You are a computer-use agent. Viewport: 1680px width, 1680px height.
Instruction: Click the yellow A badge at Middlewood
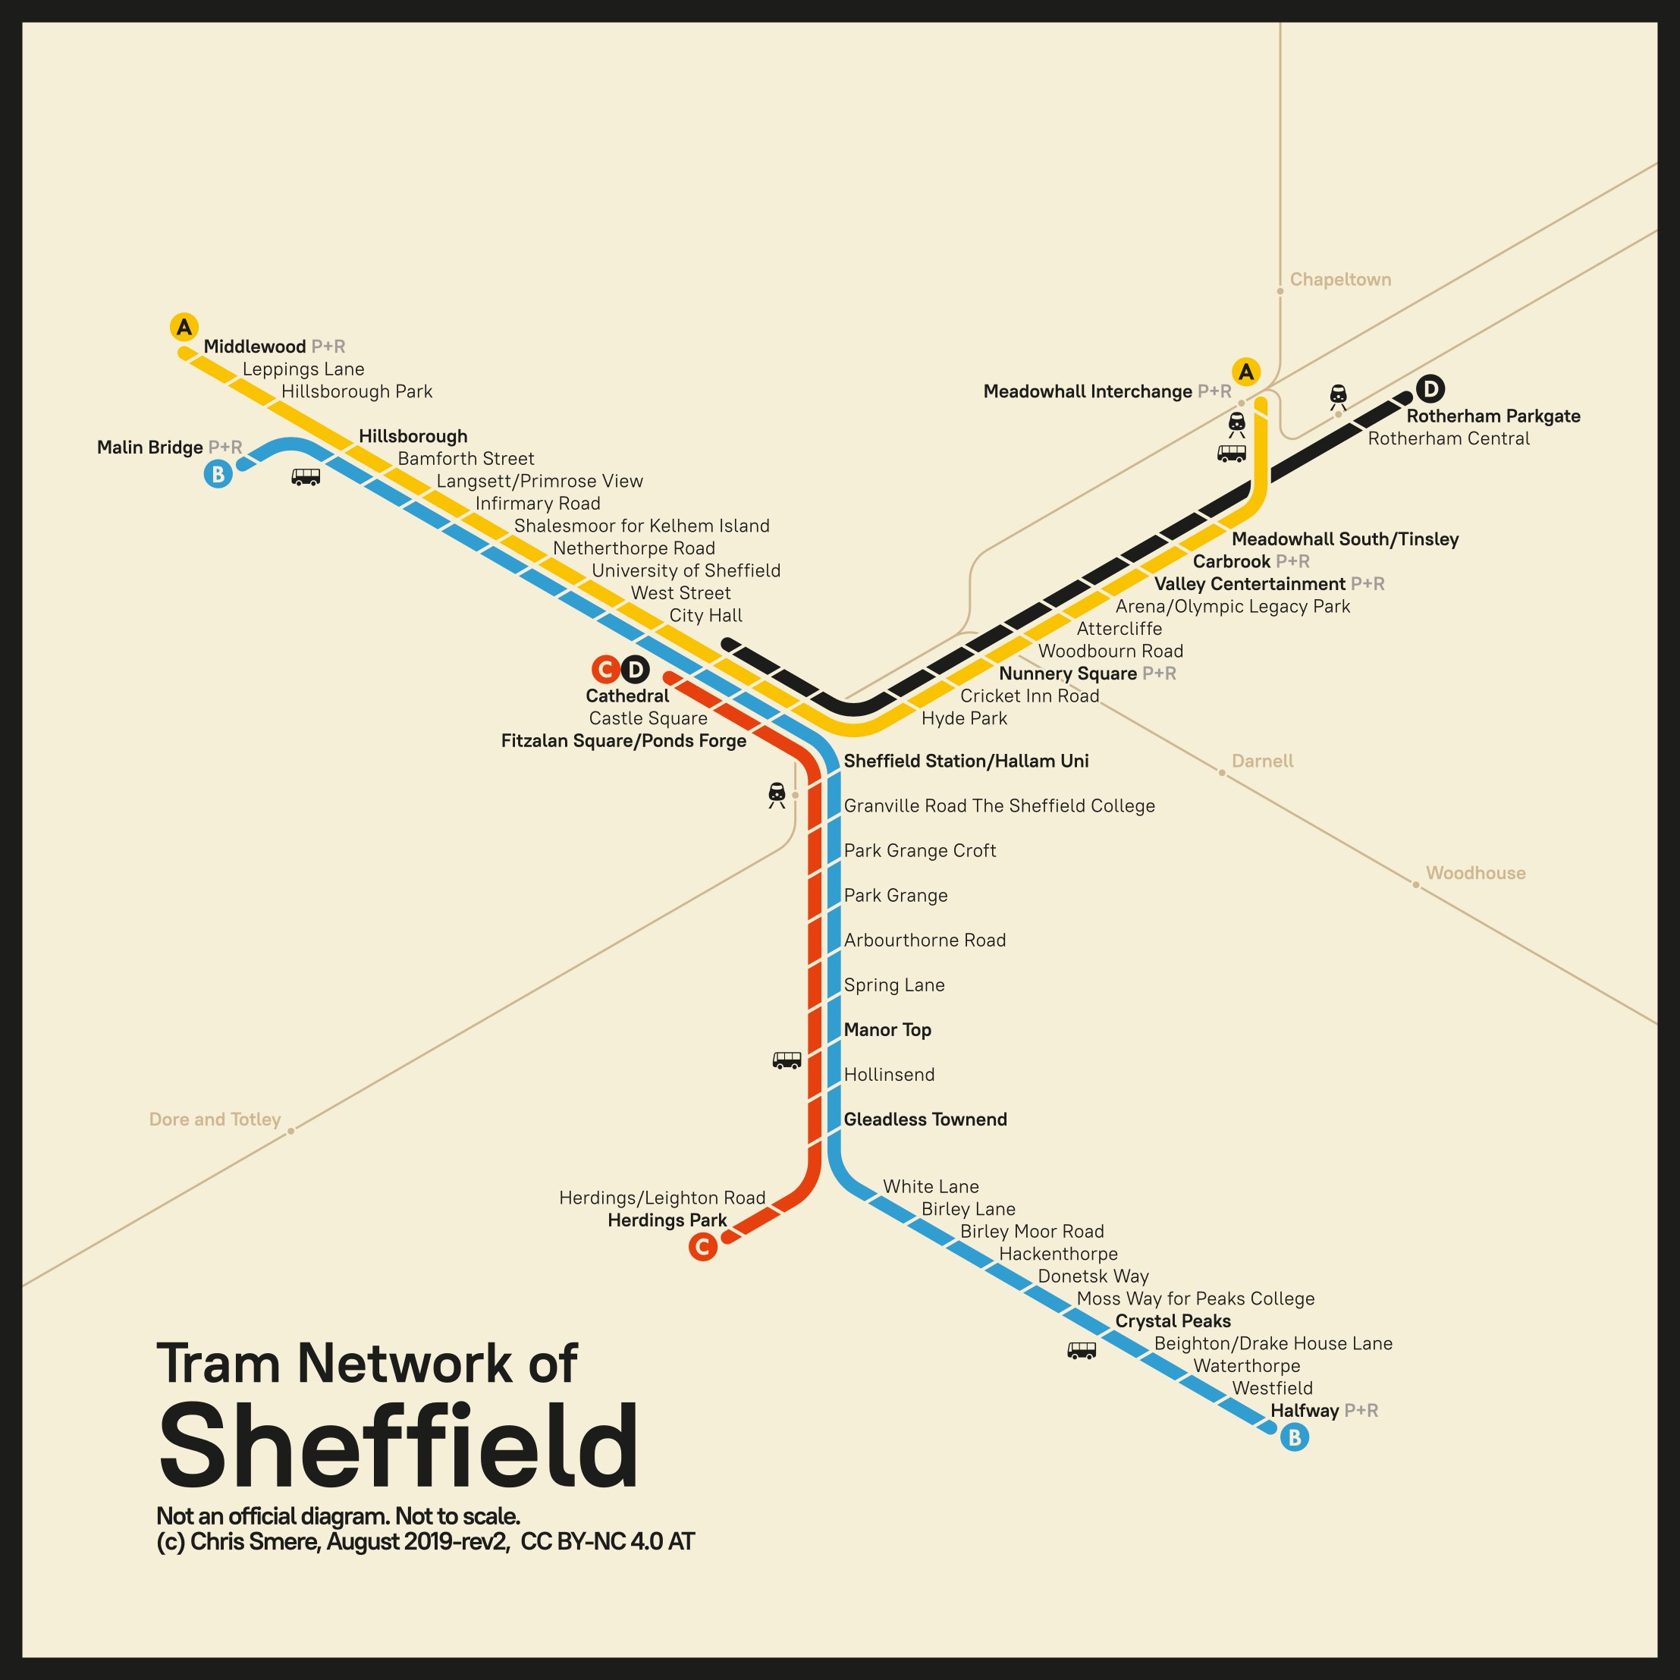pos(184,327)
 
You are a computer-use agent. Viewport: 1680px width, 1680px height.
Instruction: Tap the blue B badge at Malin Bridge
pos(218,475)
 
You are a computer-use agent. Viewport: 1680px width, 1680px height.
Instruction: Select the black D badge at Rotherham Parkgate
pos(1430,388)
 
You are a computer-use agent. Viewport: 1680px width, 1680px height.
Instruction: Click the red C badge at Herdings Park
pos(702,1247)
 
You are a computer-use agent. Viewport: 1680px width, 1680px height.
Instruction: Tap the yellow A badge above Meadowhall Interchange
pos(1246,372)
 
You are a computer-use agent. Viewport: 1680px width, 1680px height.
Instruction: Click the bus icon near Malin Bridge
pos(305,476)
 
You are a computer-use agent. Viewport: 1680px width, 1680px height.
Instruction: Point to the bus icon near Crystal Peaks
pos(1081,1350)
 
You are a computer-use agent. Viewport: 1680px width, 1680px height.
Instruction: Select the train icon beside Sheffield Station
pos(777,795)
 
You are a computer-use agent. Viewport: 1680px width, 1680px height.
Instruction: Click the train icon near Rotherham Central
pos(1338,397)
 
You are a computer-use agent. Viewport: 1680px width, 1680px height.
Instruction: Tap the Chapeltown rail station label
pos(1340,280)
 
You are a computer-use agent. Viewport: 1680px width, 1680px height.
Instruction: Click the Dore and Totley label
pos(215,1119)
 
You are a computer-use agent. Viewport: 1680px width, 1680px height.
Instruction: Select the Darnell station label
pos(1262,761)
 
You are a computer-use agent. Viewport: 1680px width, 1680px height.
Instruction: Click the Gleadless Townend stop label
pos(925,1119)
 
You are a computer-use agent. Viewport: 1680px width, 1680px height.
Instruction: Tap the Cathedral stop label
pos(627,696)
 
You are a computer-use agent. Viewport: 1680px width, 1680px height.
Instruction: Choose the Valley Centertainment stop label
pos(1249,583)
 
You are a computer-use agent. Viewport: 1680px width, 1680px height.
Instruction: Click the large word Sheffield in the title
pos(398,1447)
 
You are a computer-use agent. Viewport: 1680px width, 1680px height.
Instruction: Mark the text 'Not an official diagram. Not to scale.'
pos(338,1516)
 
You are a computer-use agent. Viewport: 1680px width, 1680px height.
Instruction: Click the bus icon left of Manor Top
pos(787,1060)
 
